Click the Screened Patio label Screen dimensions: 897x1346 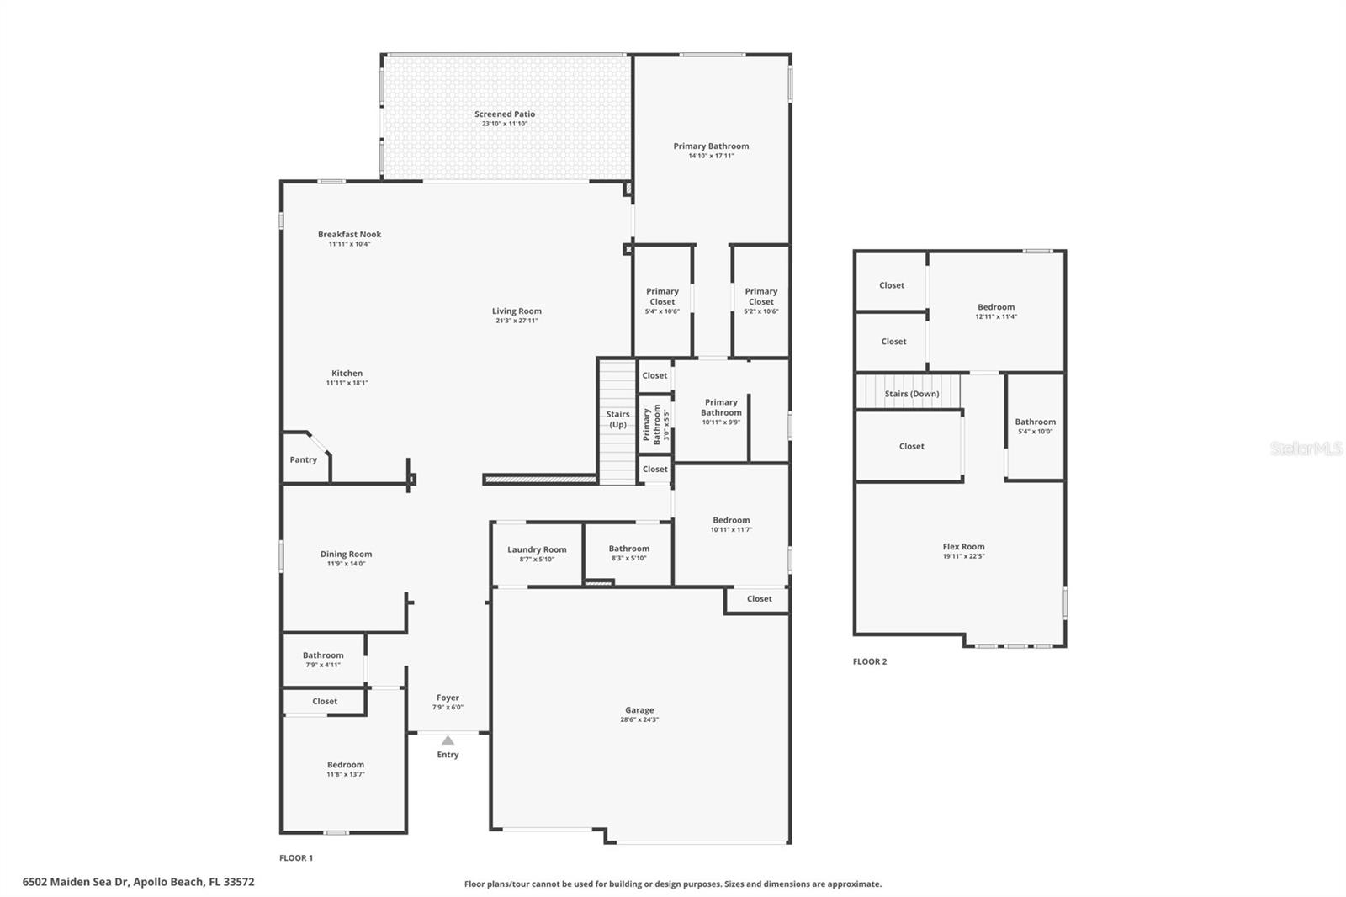504,114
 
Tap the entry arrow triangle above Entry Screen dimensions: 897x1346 448,740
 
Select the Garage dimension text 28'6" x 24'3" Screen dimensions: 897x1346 639,720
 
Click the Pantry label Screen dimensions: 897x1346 303,460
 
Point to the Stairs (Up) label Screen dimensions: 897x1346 617,419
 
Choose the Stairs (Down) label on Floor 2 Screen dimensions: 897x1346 912,394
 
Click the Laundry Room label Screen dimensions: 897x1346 537,549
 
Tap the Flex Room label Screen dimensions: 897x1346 963,547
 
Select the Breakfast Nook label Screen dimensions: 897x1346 349,235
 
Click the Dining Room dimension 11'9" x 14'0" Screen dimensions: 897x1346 346,564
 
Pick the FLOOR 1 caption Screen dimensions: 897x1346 296,858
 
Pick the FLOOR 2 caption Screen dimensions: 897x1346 870,661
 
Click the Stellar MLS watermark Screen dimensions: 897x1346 1306,449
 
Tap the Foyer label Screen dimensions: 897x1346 448,698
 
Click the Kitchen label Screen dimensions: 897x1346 347,374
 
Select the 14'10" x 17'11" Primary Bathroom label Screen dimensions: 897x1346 711,146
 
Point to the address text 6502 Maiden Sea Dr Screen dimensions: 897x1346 76,882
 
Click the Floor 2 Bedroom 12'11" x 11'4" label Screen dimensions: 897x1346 996,307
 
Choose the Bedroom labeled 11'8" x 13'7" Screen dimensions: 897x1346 346,765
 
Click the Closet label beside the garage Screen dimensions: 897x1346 759,599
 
